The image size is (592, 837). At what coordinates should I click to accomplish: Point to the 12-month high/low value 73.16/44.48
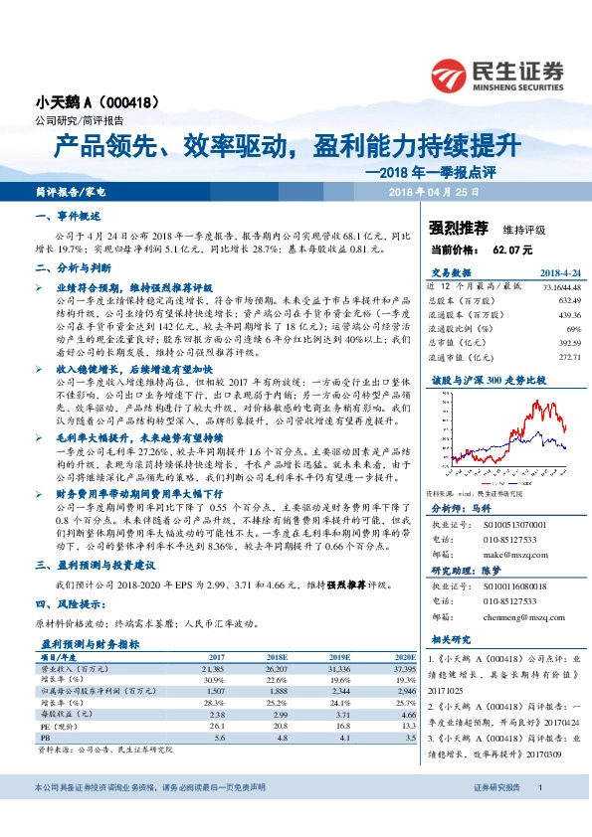pyautogui.click(x=560, y=285)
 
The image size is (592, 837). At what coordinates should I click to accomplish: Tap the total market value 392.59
pyautogui.click(x=567, y=340)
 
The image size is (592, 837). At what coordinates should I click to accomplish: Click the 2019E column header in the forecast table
pyautogui.click(x=339, y=657)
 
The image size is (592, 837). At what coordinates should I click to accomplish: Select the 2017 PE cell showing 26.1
pyautogui.click(x=217, y=728)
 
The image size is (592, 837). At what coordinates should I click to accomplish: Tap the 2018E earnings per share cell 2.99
pyautogui.click(x=279, y=714)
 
